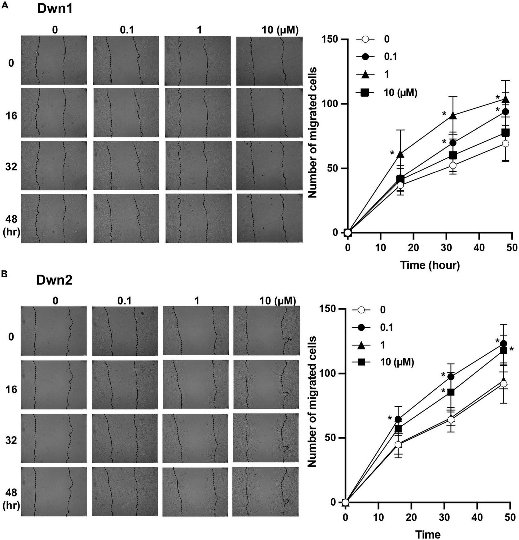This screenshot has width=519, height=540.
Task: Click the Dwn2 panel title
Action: point(54,280)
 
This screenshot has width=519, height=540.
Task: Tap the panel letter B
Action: point(4,274)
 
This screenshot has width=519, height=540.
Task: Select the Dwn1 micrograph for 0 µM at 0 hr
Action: point(54,60)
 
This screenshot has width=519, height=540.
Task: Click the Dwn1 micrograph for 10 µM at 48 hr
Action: point(270,218)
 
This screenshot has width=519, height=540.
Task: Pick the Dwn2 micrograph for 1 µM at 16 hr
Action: point(196,385)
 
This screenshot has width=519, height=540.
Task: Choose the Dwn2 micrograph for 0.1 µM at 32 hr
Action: point(125,438)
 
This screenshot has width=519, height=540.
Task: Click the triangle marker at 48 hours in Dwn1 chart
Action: point(505,99)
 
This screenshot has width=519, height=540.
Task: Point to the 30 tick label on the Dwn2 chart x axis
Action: point(444,517)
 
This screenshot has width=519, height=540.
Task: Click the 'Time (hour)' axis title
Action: point(430,265)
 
